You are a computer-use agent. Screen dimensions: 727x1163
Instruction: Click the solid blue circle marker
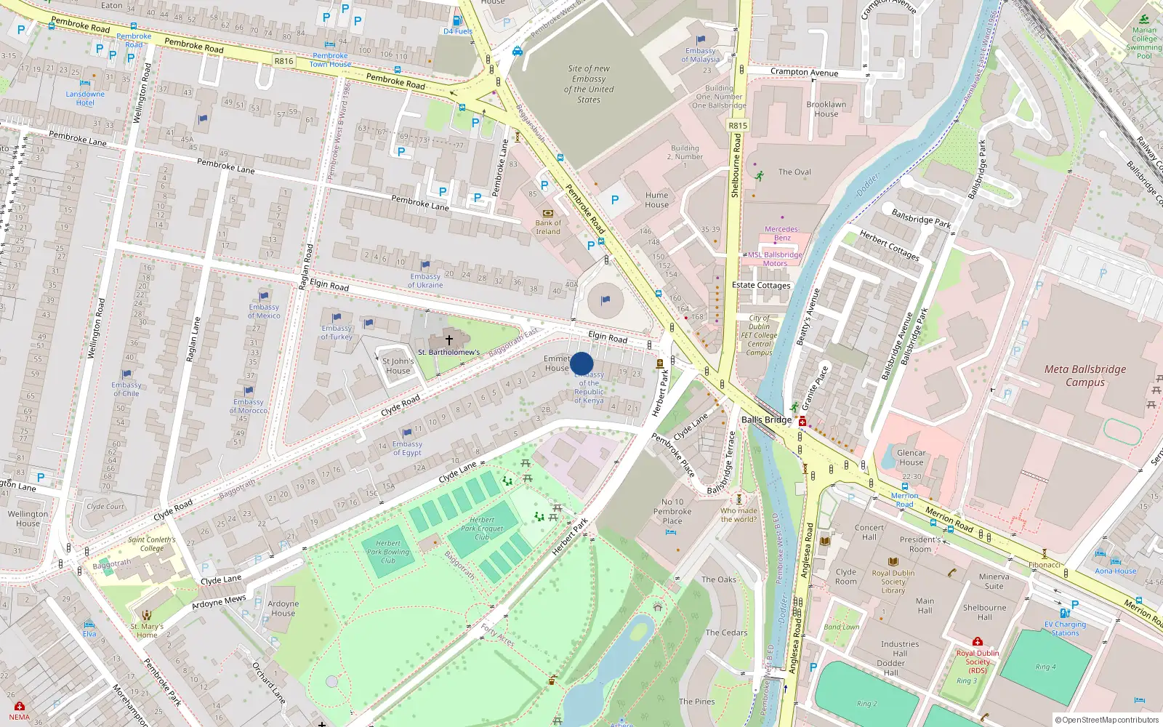click(581, 363)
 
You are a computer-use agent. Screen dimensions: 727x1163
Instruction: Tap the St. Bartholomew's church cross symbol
click(449, 340)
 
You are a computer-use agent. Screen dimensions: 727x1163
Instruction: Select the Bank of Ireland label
click(548, 228)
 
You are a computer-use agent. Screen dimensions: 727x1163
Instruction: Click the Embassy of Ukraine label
click(425, 281)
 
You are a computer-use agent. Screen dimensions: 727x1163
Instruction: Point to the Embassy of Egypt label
click(407, 448)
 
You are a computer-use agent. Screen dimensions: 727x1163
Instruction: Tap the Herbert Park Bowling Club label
click(388, 552)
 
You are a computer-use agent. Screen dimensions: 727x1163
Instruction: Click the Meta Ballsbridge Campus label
click(1084, 375)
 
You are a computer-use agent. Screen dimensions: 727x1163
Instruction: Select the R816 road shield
click(283, 61)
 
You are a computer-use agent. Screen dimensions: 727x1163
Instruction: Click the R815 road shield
click(738, 125)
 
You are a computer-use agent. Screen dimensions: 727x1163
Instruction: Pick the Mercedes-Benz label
click(782, 233)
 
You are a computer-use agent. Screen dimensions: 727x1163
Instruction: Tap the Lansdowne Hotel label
click(85, 98)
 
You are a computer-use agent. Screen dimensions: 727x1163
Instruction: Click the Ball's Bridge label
click(766, 419)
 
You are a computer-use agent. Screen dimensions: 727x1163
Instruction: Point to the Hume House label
click(656, 200)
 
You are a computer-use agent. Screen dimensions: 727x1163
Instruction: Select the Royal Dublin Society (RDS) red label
click(978, 661)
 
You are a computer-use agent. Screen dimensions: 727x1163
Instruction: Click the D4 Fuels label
click(458, 31)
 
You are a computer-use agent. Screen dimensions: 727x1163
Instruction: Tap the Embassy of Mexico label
click(263, 311)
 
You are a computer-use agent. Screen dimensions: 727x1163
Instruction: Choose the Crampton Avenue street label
click(804, 72)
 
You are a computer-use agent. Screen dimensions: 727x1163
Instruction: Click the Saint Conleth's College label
click(152, 544)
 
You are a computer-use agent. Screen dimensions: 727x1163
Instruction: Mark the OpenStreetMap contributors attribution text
click(1106, 720)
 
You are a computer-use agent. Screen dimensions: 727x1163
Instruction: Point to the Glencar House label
click(911, 457)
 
